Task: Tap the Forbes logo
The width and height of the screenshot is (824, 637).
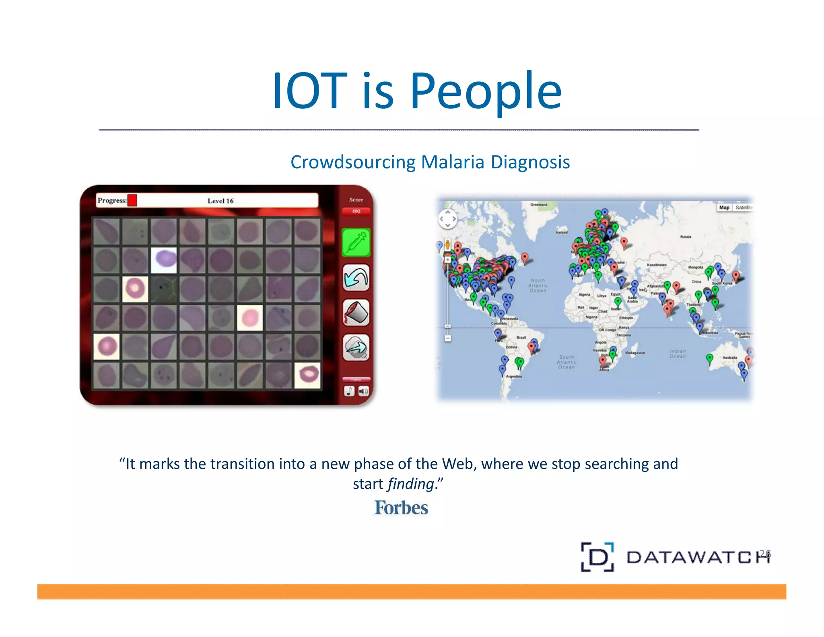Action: (x=401, y=508)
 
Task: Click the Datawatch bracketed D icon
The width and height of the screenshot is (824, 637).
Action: (x=597, y=557)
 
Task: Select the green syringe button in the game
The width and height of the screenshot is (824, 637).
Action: (x=356, y=242)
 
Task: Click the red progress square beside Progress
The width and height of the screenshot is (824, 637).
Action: (x=132, y=200)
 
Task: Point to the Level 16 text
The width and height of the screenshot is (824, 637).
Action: (x=220, y=201)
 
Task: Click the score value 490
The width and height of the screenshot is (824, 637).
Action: (x=356, y=211)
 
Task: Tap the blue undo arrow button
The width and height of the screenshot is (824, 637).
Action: (x=356, y=278)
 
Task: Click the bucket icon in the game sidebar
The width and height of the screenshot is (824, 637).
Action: (x=356, y=312)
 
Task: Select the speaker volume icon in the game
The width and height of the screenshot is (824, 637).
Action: (x=363, y=391)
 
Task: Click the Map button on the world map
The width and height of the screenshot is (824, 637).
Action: (x=724, y=207)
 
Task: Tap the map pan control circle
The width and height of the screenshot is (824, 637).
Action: (x=447, y=219)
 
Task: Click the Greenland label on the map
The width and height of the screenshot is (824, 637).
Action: (x=538, y=205)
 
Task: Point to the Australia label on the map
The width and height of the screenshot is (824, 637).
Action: (x=729, y=358)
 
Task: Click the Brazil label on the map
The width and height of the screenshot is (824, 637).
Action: (x=521, y=337)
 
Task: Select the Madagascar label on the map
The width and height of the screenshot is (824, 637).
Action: (x=635, y=353)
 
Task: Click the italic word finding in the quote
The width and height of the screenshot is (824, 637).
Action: (x=411, y=484)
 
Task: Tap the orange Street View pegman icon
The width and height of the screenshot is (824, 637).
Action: (x=447, y=244)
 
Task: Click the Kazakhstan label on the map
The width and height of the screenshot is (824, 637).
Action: (x=657, y=265)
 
